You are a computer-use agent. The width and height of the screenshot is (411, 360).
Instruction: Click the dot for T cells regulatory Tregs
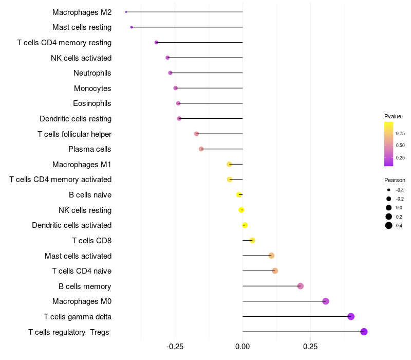[364, 332]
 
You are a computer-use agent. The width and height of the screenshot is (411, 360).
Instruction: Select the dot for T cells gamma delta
[351, 316]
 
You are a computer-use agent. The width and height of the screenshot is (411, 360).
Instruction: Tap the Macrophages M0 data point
[326, 301]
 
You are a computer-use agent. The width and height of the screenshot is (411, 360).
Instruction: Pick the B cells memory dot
[301, 286]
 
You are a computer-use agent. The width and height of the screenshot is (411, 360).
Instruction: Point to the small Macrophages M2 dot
[126, 12]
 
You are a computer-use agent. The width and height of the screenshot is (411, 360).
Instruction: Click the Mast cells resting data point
[132, 27]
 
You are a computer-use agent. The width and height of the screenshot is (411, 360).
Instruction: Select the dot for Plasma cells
[201, 149]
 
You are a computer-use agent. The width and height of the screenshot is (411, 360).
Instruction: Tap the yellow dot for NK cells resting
[241, 210]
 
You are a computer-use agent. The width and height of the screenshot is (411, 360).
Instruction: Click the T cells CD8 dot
[252, 240]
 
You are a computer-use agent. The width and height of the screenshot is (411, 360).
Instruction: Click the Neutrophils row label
[92, 73]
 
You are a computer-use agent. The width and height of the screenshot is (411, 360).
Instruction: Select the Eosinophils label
[92, 103]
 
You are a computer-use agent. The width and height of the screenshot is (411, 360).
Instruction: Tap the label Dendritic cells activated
[72, 225]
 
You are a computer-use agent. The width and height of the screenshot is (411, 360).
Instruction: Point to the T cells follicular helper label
[74, 134]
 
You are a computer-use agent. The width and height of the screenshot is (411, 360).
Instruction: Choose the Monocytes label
[92, 88]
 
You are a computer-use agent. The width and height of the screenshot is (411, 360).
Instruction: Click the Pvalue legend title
[393, 116]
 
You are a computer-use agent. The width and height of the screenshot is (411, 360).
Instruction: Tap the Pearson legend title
[395, 180]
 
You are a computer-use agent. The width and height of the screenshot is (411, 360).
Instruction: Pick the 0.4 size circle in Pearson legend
[389, 225]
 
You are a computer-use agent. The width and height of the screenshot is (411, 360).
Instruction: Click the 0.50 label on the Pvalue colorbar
[400, 146]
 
